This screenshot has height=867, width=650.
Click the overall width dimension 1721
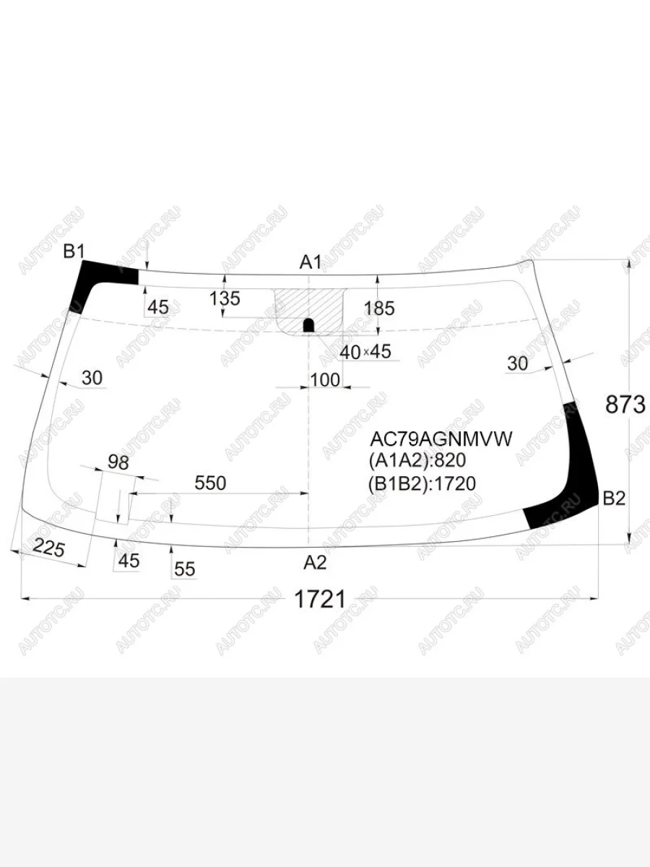pos(320,600)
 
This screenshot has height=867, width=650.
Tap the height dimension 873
pos(625,405)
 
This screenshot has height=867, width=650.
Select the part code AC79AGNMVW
pos(441,439)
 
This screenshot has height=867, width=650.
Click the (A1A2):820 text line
pos(417,460)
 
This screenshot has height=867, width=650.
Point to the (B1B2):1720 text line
pos(422,483)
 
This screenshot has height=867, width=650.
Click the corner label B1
pos(74,251)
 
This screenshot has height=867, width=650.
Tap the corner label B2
pos(614,499)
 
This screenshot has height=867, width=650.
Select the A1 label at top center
pos(311,262)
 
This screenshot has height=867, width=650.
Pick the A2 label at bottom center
pos(315,562)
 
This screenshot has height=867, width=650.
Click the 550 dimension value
pos(210,483)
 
